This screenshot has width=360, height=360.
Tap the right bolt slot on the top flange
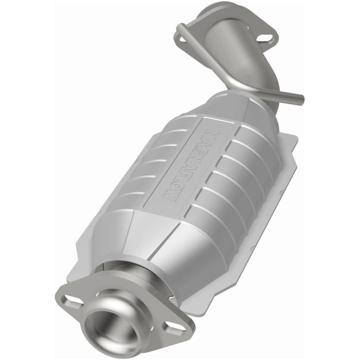[x=265, y=37]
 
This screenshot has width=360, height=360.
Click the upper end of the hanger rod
[x=180, y=34]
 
